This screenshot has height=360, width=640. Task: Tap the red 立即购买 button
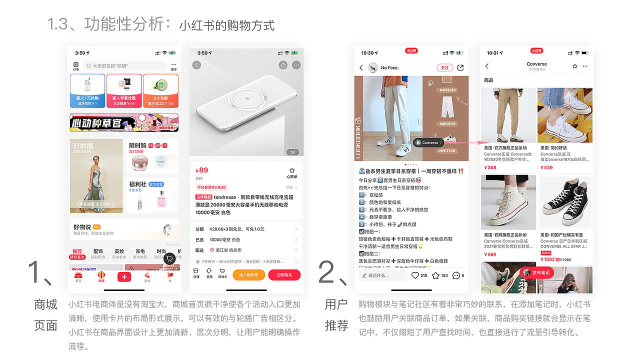point(284,274)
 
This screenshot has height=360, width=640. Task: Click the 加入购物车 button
point(248,274)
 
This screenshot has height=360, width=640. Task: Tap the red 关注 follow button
point(443,67)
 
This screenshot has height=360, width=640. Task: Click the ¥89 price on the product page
point(202,170)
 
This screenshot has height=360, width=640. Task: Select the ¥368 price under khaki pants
point(490,167)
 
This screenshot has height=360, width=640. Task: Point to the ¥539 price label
point(546,167)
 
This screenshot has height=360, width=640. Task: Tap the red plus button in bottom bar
point(124,277)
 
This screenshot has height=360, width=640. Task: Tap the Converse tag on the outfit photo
point(429,142)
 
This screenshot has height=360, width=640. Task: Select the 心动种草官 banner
point(124,122)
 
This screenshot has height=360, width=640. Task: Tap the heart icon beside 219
point(415,275)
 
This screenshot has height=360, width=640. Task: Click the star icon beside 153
point(435,275)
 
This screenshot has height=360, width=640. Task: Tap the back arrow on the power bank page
point(196,65)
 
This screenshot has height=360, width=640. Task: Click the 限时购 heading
point(137,145)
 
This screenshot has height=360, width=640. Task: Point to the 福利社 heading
point(137,184)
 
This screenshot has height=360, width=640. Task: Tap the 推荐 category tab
point(77,251)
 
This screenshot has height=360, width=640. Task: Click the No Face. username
point(390,67)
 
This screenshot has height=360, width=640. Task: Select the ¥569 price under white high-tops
point(490,254)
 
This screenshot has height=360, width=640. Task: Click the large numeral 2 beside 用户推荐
point(330,272)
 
